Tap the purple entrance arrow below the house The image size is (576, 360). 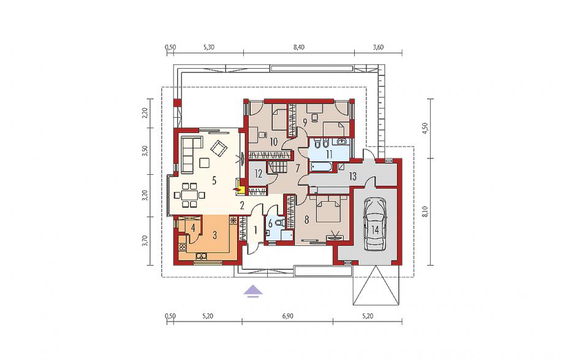[x=254, y=291]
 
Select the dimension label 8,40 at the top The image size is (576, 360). [x=299, y=47]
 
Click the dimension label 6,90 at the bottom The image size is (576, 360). [x=287, y=316]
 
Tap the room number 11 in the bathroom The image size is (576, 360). [x=329, y=154]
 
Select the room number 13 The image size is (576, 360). [x=352, y=177]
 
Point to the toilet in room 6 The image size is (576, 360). [x=281, y=223]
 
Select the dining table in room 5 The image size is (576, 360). [x=189, y=194]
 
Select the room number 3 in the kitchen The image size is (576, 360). [x=215, y=236]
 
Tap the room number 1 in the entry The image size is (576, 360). [x=254, y=231]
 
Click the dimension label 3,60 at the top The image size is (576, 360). [x=378, y=47]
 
